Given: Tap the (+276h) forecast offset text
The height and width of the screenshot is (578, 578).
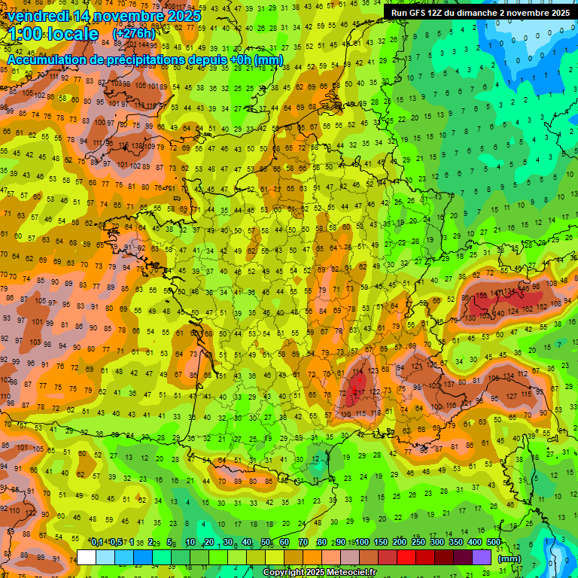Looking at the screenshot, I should pyautogui.click(x=134, y=33).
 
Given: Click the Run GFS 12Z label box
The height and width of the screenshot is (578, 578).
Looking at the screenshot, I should pyautogui.click(x=479, y=12).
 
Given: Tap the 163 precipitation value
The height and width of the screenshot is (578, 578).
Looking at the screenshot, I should pyautogui.click(x=485, y=315).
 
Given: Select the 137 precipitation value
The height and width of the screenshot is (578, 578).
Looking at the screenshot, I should pyautogui.click(x=449, y=385).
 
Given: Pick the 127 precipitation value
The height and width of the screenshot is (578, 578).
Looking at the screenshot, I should pyautogui.click(x=511, y=395).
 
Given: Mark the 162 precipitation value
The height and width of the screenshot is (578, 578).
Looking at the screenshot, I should pyautogui.click(x=527, y=309).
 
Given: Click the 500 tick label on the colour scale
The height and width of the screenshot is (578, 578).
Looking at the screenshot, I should pyautogui.click(x=494, y=543).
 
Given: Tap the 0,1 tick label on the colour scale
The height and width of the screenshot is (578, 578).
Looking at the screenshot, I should pyautogui.click(x=97, y=543).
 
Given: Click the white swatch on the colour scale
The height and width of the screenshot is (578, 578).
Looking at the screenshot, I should pyautogui.click(x=87, y=558).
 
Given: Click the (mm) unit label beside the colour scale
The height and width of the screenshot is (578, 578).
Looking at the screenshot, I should pyautogui.click(x=510, y=559).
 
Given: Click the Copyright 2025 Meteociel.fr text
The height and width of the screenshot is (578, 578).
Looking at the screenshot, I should pyautogui.click(x=319, y=573).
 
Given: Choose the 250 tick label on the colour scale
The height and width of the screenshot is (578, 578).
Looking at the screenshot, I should pyautogui.click(x=418, y=543).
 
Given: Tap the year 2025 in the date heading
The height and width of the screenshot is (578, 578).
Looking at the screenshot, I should pyautogui.click(x=184, y=16).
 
